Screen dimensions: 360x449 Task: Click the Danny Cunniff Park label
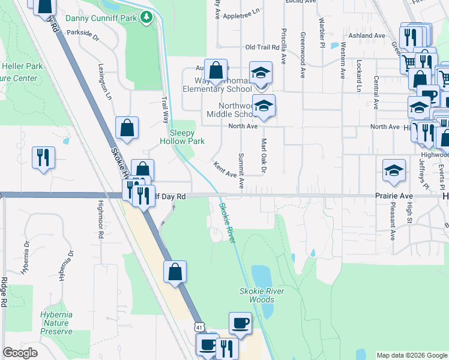point(101,18)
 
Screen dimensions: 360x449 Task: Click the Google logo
point(20,353)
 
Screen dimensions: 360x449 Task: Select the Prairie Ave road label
point(394,196)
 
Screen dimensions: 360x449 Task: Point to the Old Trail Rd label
point(263,47)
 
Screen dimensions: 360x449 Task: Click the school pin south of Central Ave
point(394,170)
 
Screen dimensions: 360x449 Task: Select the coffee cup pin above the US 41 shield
point(240,323)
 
